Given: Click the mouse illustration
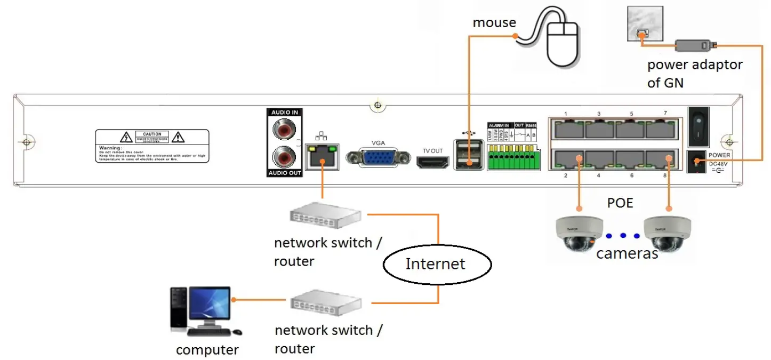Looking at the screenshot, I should click(563, 45).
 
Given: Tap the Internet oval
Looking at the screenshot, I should click(436, 263).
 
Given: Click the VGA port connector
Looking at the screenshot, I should click(378, 158).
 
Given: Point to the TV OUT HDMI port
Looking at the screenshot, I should click(432, 162).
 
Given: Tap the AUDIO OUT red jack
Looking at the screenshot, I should click(283, 157).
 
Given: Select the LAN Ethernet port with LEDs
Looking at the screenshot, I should click(323, 155).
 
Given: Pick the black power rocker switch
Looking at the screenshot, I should click(698, 127).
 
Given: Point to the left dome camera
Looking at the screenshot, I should click(578, 234).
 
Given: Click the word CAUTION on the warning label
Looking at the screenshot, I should click(152, 134).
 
